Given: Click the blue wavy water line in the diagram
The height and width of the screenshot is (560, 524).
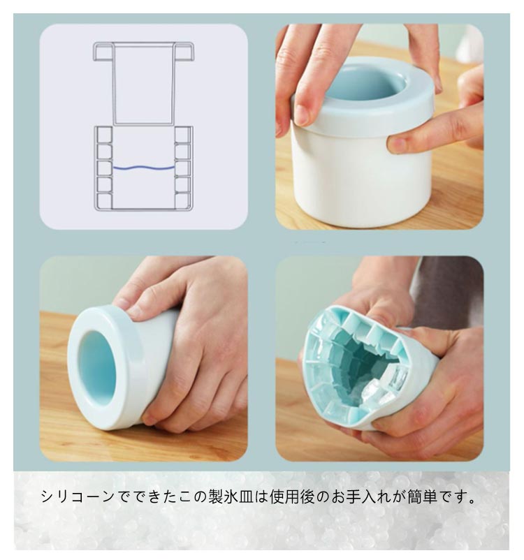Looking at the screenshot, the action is [x=144, y=167].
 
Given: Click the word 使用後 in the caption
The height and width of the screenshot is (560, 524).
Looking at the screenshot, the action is [x=292, y=496].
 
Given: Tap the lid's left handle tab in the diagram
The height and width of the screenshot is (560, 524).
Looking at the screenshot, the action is [x=103, y=52].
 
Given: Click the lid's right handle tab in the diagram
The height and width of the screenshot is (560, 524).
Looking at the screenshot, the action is [x=184, y=52].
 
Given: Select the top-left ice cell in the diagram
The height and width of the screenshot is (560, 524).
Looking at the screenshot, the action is [x=104, y=135].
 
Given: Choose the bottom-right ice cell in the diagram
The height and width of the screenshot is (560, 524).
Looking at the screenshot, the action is [x=182, y=200].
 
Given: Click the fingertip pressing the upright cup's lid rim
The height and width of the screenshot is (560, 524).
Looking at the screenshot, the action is [x=304, y=114].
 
